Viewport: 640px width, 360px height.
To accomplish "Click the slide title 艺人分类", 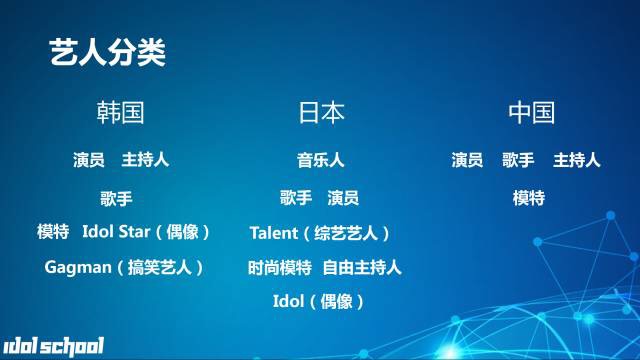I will pyautogui.click(x=107, y=53).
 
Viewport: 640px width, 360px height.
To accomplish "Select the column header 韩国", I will pyautogui.click(x=121, y=112).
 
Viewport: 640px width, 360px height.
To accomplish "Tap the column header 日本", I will pyautogui.click(x=322, y=112).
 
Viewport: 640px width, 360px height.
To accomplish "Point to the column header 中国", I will pyautogui.click(x=531, y=112).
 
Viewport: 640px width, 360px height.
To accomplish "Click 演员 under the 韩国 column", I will pyautogui.click(x=89, y=160).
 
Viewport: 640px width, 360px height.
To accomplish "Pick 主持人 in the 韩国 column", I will pyautogui.click(x=145, y=160).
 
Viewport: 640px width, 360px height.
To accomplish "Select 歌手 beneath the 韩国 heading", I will pyautogui.click(x=117, y=197).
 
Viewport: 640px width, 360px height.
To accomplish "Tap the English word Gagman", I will pyautogui.click(x=77, y=267).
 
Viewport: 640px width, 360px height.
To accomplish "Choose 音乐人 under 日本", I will pyautogui.click(x=321, y=160).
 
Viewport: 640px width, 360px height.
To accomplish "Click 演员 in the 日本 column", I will pyautogui.click(x=343, y=197).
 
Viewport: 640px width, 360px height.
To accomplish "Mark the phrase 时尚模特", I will pyautogui.click(x=279, y=267).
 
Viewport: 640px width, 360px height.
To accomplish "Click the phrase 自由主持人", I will pyautogui.click(x=361, y=267).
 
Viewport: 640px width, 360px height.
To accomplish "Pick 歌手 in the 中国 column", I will pyautogui.click(x=518, y=160).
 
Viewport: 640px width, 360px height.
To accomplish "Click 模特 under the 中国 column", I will pyautogui.click(x=529, y=197).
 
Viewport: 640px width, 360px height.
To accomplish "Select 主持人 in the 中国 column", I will pyautogui.click(x=577, y=160).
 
